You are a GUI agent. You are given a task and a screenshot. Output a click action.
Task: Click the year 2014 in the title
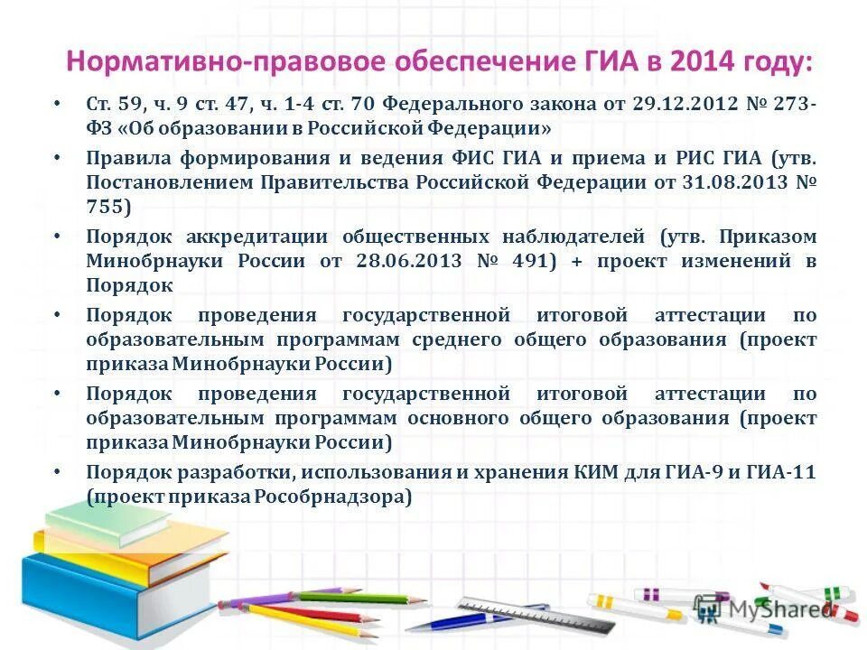[693, 62]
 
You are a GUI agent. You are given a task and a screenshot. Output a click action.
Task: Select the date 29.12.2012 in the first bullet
[682, 104]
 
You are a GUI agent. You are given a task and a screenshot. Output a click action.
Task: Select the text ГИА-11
[786, 471]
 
